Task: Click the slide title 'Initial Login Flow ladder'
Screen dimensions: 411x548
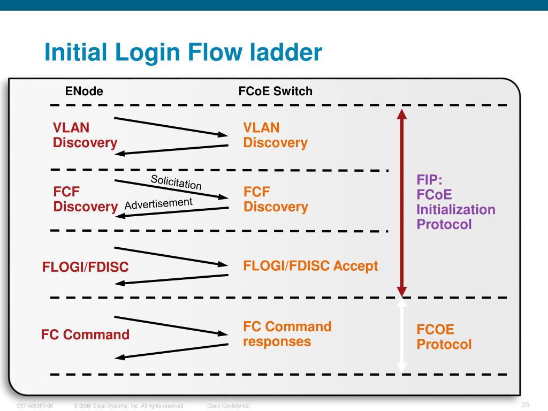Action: [x=183, y=52]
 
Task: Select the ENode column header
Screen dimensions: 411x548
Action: [x=84, y=92]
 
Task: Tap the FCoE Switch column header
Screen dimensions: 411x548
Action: [x=275, y=92]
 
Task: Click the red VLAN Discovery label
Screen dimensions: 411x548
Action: [x=85, y=135]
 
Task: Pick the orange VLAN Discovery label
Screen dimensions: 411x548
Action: [x=275, y=135]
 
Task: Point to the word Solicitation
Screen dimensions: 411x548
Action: [x=176, y=182]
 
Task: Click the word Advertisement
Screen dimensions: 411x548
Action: [x=158, y=204]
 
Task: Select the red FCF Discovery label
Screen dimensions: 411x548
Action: [x=85, y=199]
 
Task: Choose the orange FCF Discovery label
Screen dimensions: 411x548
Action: [x=276, y=199]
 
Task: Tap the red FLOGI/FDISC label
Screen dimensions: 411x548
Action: [x=86, y=267]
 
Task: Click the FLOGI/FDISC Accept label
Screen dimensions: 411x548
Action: [x=310, y=266]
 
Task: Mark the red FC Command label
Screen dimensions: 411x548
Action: [x=85, y=335]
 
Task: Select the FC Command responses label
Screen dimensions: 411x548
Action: [x=287, y=334]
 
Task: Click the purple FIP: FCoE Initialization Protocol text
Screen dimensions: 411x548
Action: [x=455, y=202]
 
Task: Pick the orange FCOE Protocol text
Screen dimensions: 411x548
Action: [x=444, y=337]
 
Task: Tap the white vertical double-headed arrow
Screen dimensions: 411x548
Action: [x=402, y=335]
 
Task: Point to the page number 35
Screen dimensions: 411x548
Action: [x=524, y=404]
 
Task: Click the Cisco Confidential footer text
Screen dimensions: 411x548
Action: [x=225, y=406]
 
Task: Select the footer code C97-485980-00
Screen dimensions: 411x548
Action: [x=35, y=406]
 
